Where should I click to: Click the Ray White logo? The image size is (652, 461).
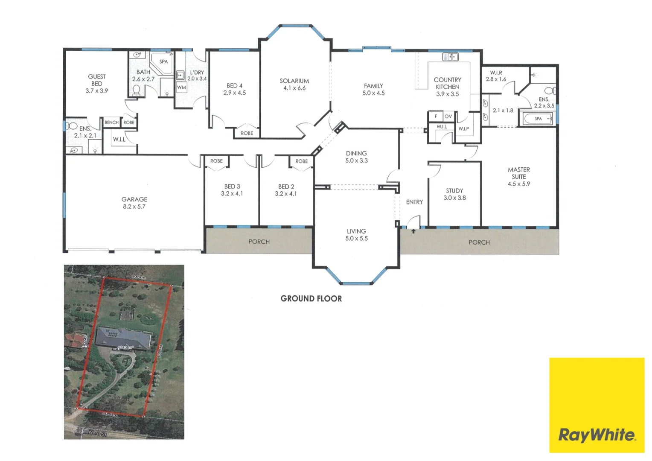(x=597, y=435)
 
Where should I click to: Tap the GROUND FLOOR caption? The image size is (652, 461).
(x=311, y=299)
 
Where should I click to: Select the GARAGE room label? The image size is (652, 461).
(x=134, y=199)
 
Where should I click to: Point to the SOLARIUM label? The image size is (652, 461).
(x=294, y=81)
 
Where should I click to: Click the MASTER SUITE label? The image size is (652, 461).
(x=519, y=173)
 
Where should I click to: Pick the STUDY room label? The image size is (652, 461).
(x=454, y=191)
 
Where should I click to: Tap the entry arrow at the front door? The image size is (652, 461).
(x=413, y=231)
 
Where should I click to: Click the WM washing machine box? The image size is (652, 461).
(x=182, y=88)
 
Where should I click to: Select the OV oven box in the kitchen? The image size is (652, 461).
(x=448, y=116)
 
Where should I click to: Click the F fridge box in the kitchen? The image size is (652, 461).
(x=436, y=116)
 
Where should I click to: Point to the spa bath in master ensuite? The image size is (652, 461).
(x=538, y=119)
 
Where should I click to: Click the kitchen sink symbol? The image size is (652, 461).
(x=450, y=56)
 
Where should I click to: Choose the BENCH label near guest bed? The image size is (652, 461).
(x=111, y=123)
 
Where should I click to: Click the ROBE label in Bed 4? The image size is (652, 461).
(x=247, y=133)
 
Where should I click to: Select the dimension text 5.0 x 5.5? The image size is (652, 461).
(x=356, y=239)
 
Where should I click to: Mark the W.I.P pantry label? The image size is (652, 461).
(x=463, y=128)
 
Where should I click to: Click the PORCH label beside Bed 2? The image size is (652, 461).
(x=259, y=242)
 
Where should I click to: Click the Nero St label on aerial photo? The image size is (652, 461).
(x=97, y=433)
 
